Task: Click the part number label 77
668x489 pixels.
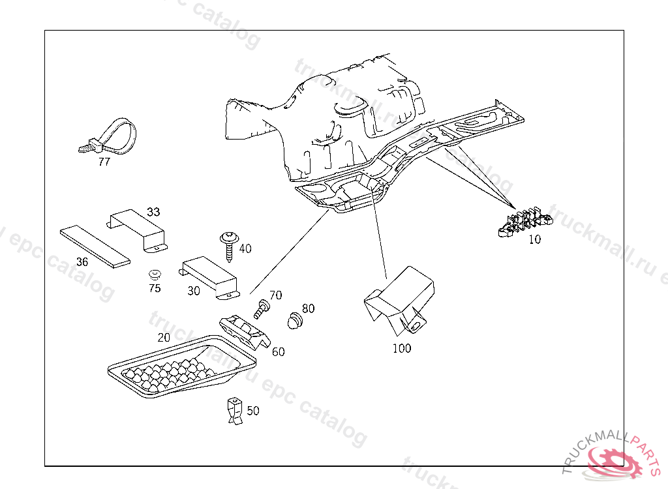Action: coord(104,162)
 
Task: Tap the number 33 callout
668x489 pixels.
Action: coord(153,212)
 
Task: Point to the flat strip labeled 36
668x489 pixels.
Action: coord(95,247)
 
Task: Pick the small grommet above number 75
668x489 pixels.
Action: coord(155,274)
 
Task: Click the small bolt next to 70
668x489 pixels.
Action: coord(262,306)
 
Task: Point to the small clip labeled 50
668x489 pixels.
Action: coord(234,411)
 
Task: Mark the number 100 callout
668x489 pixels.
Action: coord(402,348)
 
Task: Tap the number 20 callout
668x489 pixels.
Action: coord(164,338)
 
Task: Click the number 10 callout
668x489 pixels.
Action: coord(535,239)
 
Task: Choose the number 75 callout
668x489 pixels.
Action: coord(155,288)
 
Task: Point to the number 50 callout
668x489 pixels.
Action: coord(253,411)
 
